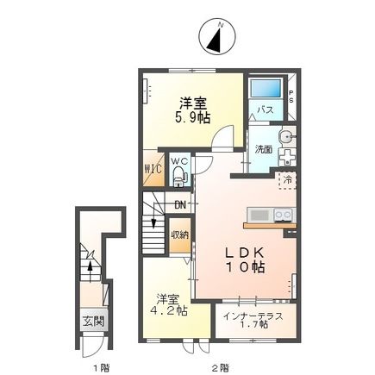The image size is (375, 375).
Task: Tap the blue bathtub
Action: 266,89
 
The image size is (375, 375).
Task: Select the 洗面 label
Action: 263,148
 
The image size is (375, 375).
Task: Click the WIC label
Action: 152,168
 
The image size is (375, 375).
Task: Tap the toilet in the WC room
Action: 178,177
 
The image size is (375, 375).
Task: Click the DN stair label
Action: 180,204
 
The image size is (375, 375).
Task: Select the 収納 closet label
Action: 179,234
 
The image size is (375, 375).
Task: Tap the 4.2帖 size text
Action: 170,310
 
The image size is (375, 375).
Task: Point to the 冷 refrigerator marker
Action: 286,180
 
